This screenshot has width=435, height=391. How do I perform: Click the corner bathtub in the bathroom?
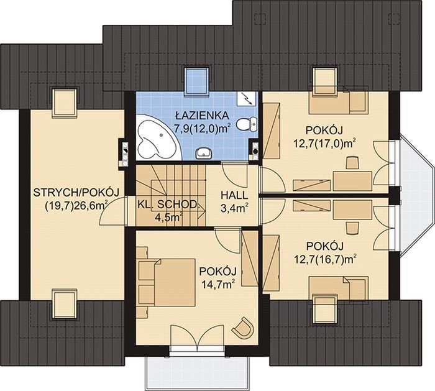click(157, 140)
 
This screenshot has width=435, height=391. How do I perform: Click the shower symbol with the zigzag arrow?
click(247, 99)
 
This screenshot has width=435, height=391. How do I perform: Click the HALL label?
click(234, 195)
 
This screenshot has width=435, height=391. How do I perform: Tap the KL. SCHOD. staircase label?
click(168, 205)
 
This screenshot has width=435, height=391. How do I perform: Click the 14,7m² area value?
click(217, 283)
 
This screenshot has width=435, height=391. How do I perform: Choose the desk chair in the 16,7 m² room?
click(352, 228)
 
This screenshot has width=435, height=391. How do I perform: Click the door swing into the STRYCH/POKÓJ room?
click(112, 211)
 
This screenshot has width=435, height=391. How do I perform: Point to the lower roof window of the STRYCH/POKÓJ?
click(64, 304)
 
